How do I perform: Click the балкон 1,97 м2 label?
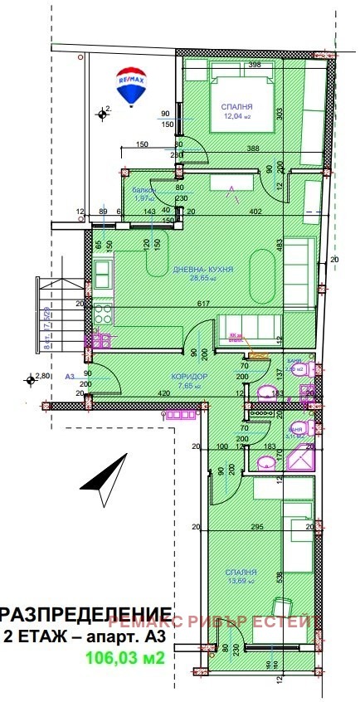click(145, 193)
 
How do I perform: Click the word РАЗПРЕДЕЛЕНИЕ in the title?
click(79, 614)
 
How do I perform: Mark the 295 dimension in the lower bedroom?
click(257, 528)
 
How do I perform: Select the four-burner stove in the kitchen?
click(103, 314)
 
